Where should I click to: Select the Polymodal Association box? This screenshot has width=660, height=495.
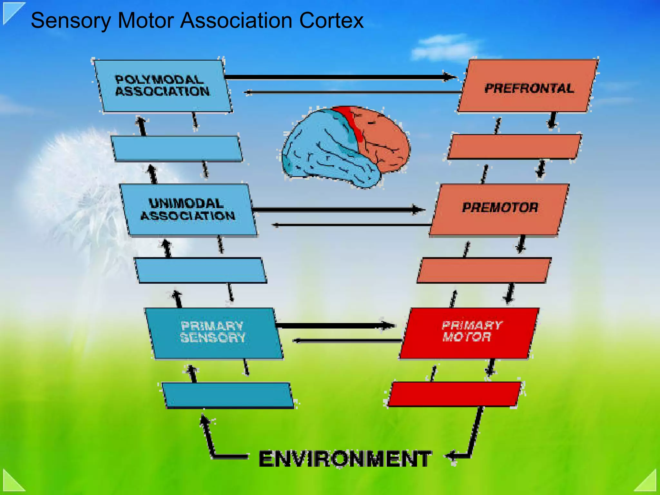click(x=163, y=86)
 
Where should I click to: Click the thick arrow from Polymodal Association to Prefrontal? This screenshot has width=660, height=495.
click(x=338, y=77)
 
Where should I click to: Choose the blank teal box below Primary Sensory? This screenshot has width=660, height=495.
click(x=228, y=395)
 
